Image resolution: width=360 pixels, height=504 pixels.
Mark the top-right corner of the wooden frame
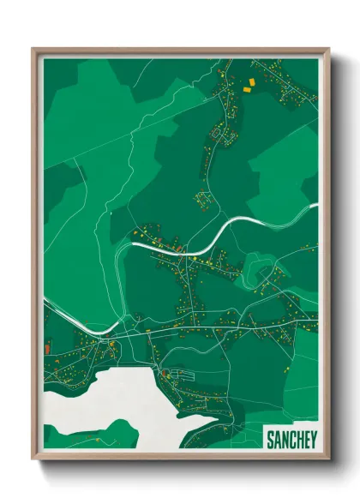coord(328,49)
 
